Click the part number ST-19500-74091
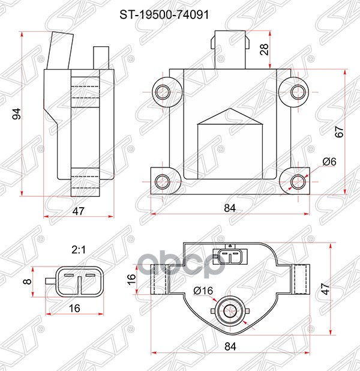coord(180,11)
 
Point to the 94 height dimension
coord(17,113)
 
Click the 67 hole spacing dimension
coord(339,132)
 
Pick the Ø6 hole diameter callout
coord(329,161)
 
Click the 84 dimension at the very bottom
coord(230,346)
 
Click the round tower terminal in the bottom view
coord(230,310)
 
